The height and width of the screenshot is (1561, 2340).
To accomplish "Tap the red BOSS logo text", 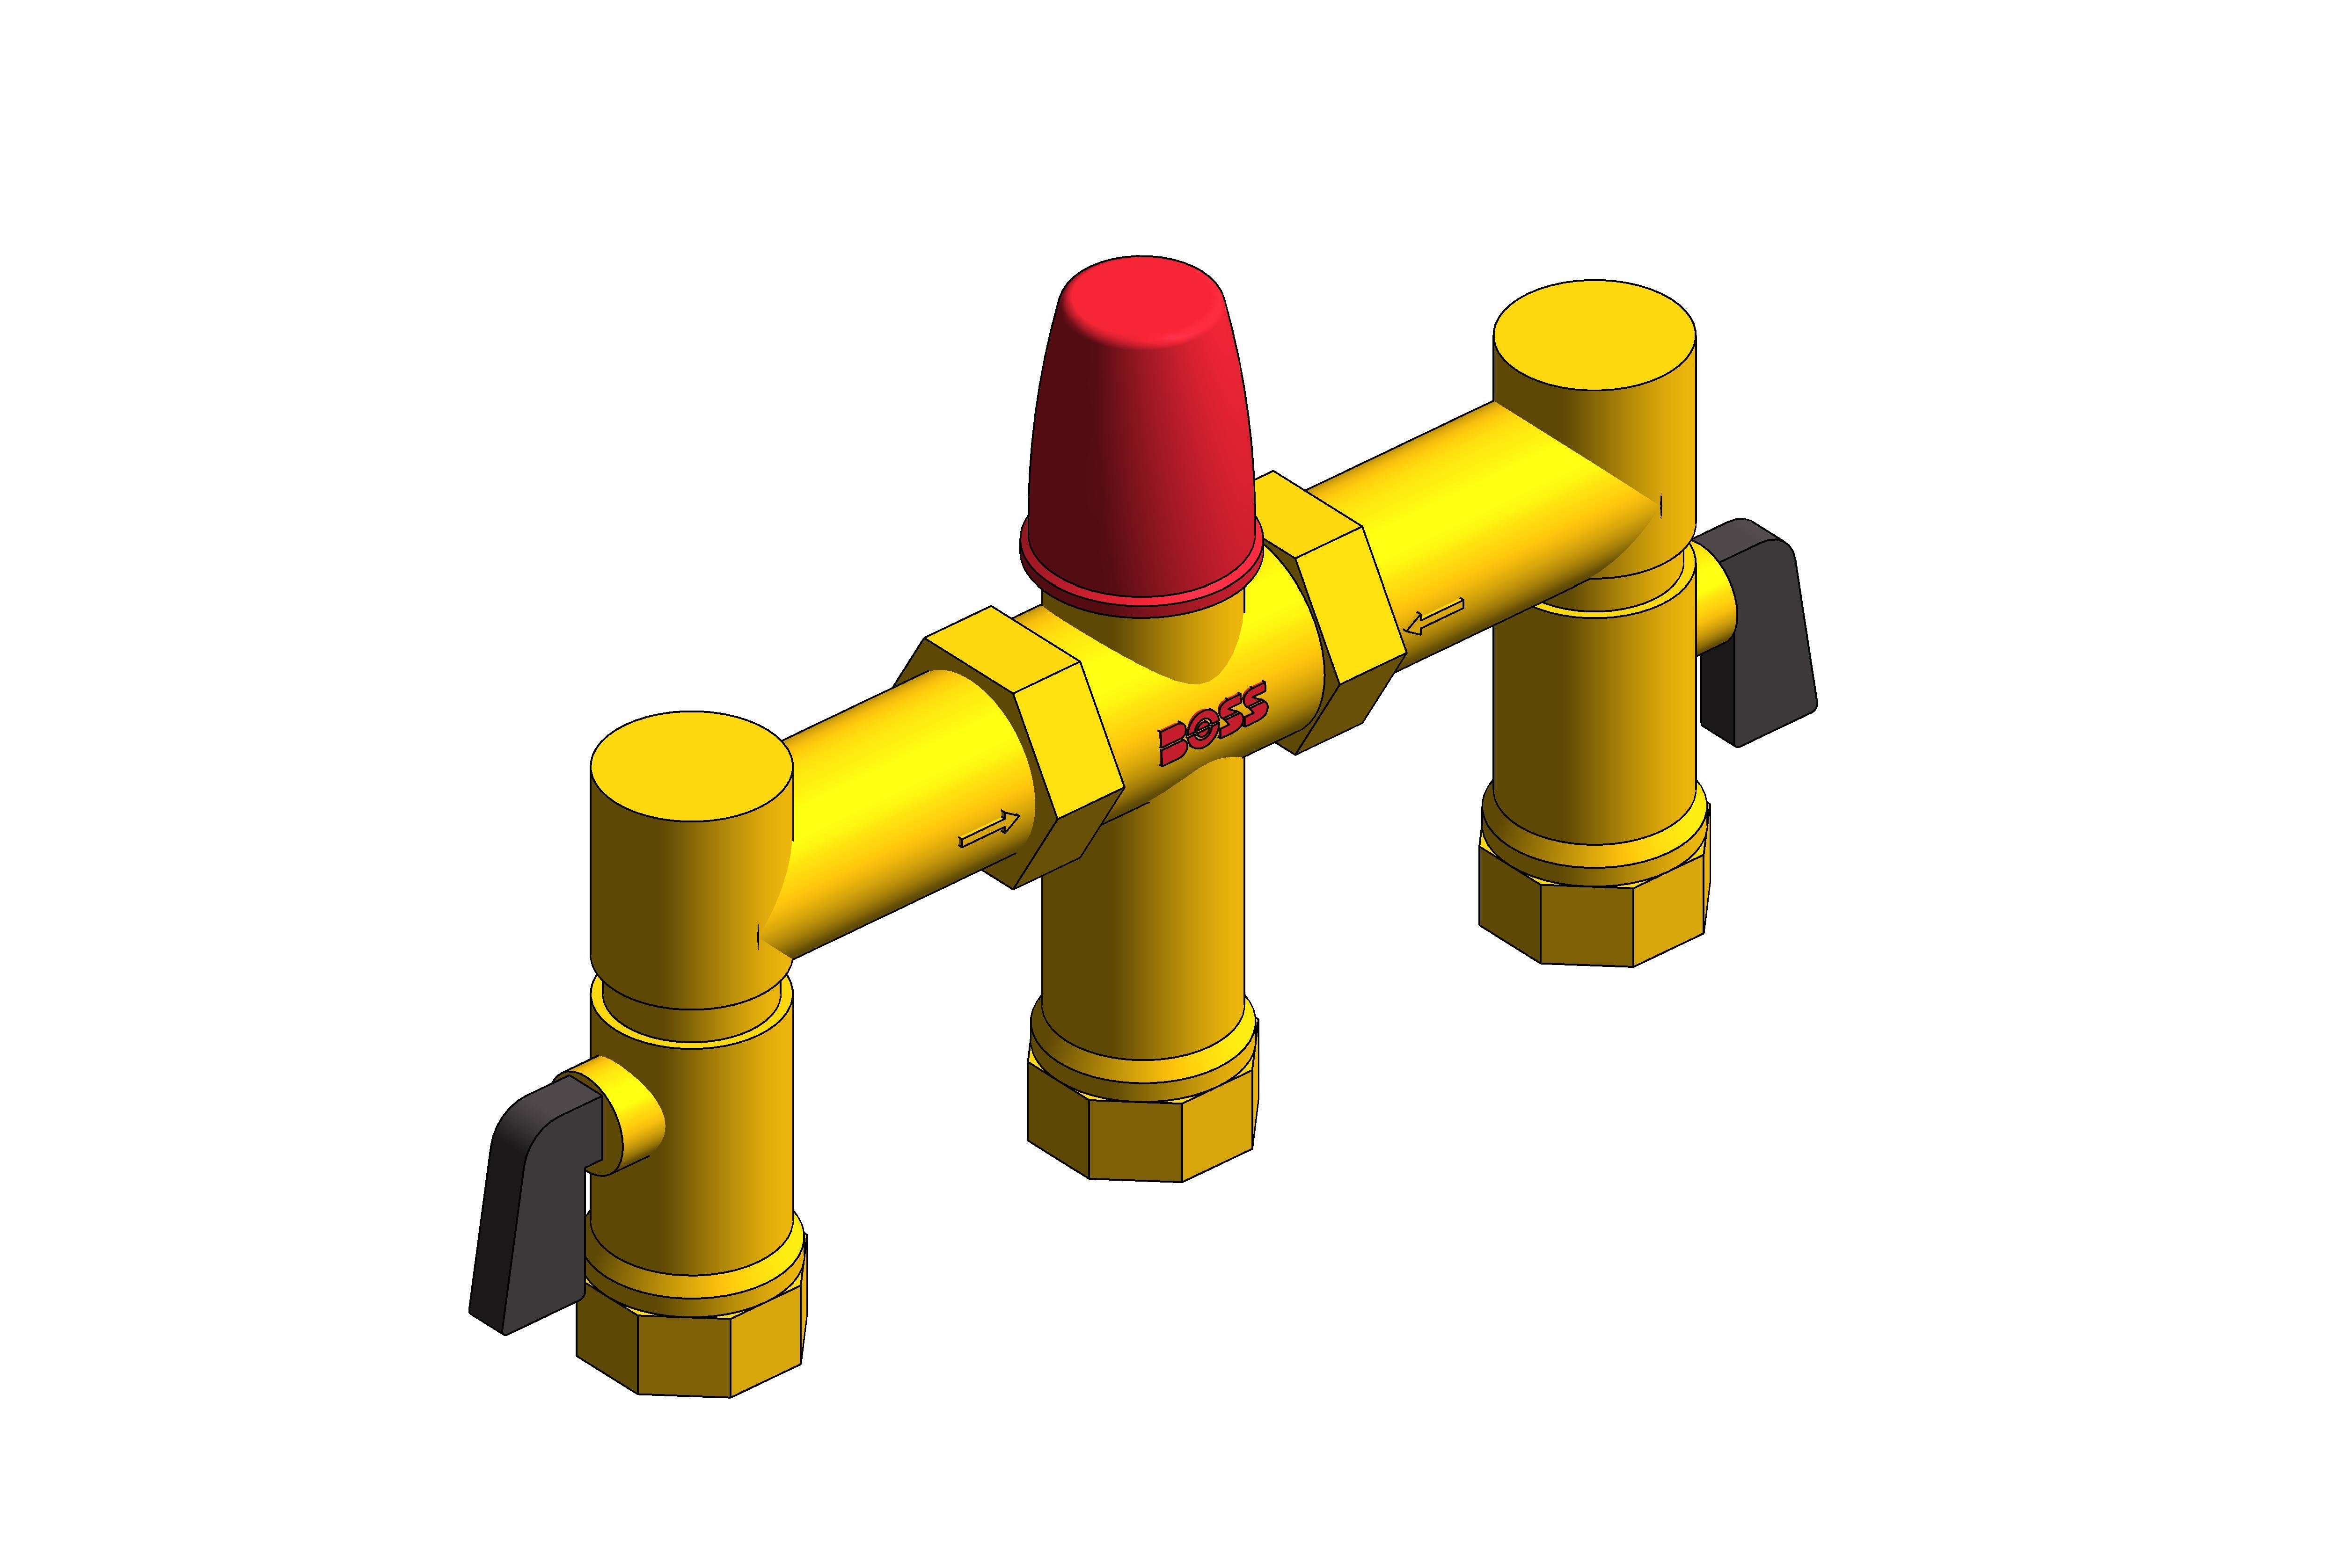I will pyautogui.click(x=1213, y=725).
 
